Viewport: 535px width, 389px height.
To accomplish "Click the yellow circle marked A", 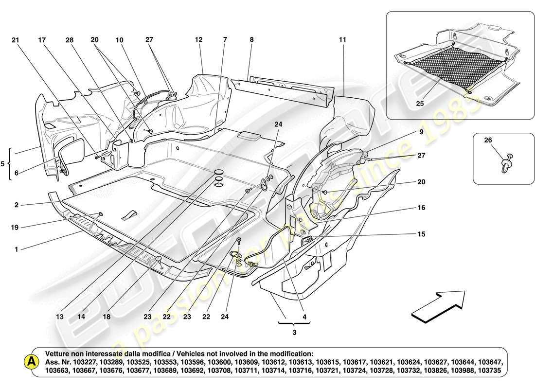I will [x=32, y=362].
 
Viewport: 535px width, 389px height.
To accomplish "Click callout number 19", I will [x=16, y=227].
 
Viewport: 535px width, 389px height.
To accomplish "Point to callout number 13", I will [x=60, y=317].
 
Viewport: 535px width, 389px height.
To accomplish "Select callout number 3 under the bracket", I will [x=294, y=333].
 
